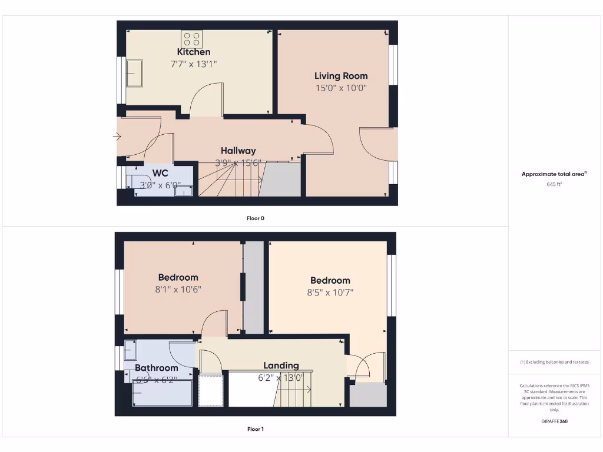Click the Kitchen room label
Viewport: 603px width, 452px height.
tap(194, 52)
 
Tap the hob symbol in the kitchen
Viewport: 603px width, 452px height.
tap(191, 39)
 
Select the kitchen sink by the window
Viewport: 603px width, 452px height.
tap(134, 72)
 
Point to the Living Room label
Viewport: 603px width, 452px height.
tap(341, 75)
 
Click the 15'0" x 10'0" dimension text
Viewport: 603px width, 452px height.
tap(341, 88)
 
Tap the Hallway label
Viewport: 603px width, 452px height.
tap(238, 151)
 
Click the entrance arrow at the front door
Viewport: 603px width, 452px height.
tap(117, 137)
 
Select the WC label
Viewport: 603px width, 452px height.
tap(160, 173)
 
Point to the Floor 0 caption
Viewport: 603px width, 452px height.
tap(255, 218)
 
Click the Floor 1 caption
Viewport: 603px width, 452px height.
tap(255, 429)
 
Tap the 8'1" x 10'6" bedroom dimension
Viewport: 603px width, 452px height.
tap(178, 289)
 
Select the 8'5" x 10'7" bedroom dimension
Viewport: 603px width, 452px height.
tap(330, 292)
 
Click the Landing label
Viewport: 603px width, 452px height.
tap(281, 365)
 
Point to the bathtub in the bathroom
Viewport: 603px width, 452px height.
tap(162, 393)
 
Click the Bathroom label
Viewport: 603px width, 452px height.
tap(156, 368)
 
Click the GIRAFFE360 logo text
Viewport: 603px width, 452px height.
tap(555, 421)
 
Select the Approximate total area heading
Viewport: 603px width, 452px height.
tap(554, 174)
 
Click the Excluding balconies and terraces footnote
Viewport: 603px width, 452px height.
tap(554, 362)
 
